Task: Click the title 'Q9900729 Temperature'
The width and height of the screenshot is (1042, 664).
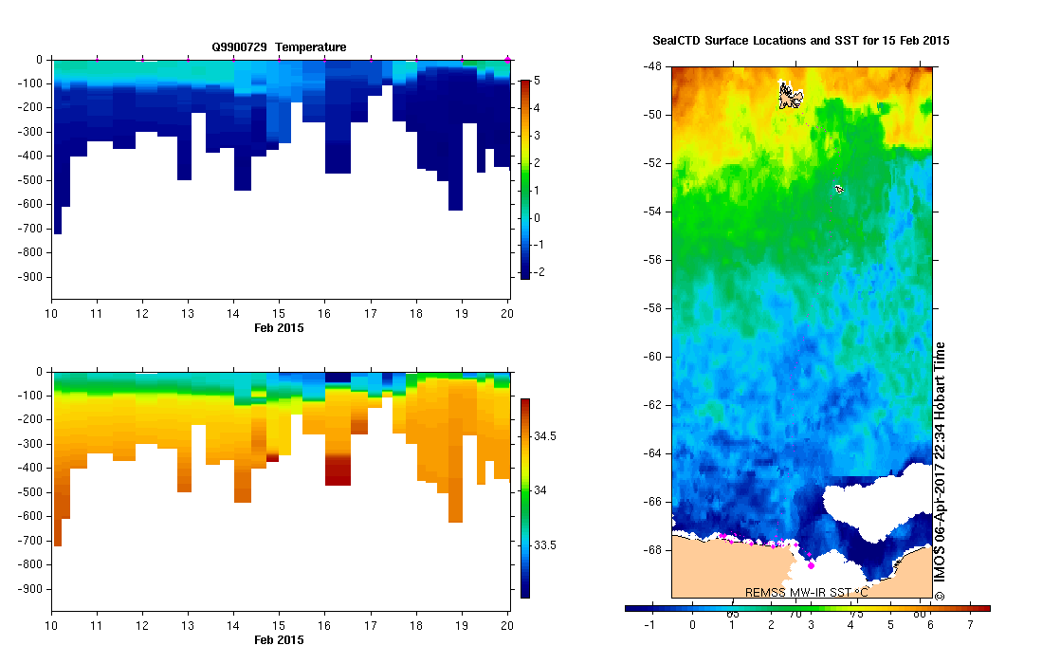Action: coord(279,46)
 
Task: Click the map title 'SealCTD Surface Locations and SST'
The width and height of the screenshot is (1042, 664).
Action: coord(801,41)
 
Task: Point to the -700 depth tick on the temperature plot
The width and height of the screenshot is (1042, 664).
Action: coord(31,229)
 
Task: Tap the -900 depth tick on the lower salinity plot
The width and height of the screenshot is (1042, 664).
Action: coord(31,589)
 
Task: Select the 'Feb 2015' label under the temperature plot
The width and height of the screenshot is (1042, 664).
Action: coord(279,327)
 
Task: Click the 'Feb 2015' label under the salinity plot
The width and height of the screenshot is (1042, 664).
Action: coord(279,640)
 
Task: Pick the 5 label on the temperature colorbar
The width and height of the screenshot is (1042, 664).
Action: coord(537,81)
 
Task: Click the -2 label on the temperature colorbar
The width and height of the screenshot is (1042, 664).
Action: coord(539,272)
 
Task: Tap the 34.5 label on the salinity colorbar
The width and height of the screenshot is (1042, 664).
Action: coord(544,435)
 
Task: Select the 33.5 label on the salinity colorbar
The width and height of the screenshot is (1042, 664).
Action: coord(544,545)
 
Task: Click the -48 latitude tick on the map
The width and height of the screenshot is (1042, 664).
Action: coord(652,67)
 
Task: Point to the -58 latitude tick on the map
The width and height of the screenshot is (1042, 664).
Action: coord(652,308)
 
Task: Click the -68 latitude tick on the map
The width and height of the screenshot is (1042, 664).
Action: coord(652,549)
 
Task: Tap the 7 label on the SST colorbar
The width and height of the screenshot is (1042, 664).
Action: coord(970,625)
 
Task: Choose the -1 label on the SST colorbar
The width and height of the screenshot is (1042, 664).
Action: coord(650,625)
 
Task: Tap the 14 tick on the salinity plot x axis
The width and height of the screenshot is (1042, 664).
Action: coord(233,626)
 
